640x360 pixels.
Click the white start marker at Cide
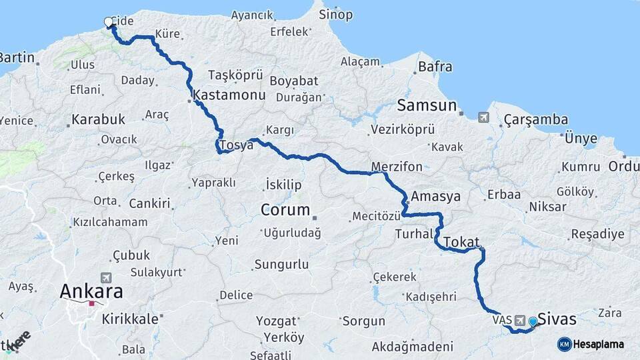109,23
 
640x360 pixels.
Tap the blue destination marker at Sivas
533,322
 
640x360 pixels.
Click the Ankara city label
91,291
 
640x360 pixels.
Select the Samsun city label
427,105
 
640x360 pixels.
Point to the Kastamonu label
229,96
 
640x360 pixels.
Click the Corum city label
285,210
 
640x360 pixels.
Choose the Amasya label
436,197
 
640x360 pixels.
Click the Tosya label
237,145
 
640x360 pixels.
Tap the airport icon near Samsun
483,118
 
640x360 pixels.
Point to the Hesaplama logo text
599,344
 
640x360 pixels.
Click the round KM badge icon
564,344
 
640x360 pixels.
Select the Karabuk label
98,120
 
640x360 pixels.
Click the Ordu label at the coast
624,167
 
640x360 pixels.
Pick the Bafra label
435,67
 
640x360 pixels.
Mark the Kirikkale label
130,319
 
